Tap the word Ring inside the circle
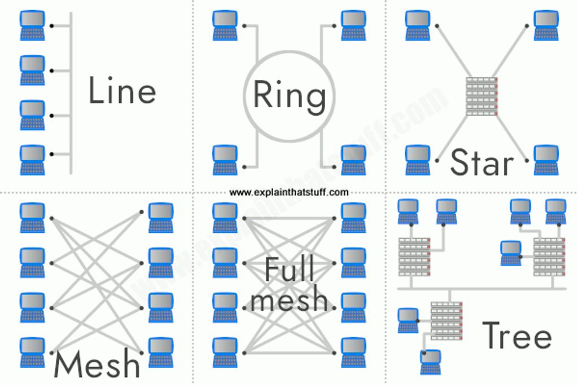click(x=290, y=96)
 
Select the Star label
click(x=482, y=162)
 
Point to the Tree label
click(x=517, y=335)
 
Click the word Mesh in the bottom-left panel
click(x=97, y=364)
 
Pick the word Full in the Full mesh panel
click(x=290, y=269)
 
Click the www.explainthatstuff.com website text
click(x=288, y=192)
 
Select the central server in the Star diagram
click(x=482, y=96)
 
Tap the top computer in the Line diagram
click(x=32, y=25)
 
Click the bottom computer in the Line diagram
click(x=32, y=160)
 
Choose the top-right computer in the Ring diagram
click(x=353, y=25)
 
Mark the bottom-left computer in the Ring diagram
click(x=225, y=160)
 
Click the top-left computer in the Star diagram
click(x=418, y=25)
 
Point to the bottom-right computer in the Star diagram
click(x=546, y=160)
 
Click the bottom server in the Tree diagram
click(x=446, y=321)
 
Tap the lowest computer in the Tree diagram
click(x=431, y=362)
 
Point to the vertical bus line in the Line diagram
click(x=71, y=93)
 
